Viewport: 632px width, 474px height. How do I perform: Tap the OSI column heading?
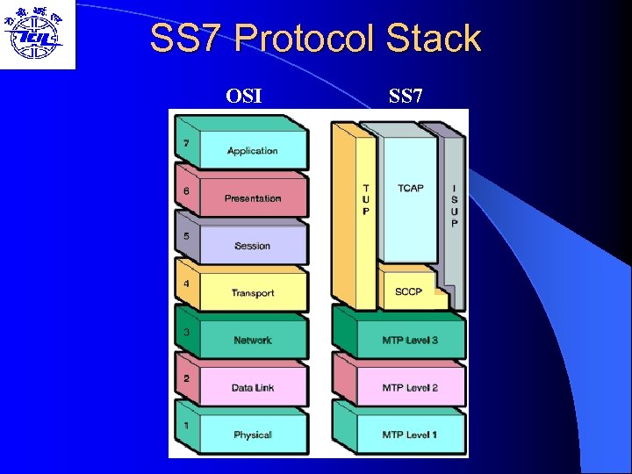coord(243,95)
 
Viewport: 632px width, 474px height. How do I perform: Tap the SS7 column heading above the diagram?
coord(406,95)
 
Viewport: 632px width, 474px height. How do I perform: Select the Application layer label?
coord(253,151)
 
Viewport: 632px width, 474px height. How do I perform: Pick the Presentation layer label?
coord(253,198)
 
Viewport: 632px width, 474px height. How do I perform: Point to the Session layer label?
coord(253,246)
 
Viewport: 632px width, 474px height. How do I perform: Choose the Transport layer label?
coord(253,293)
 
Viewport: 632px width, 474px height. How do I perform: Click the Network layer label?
coord(253,341)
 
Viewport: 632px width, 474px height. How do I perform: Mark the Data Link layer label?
coord(253,388)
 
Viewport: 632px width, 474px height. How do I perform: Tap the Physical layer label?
coord(253,435)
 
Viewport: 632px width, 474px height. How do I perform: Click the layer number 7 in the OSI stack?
coord(186,142)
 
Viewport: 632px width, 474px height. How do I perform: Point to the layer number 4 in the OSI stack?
coord(186,284)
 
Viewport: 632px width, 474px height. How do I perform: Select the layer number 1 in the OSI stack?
coord(186,427)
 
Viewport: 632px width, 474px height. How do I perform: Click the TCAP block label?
coord(410,189)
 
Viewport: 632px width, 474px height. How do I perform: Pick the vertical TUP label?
coord(366,199)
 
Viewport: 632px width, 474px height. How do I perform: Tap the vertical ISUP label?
coord(454,205)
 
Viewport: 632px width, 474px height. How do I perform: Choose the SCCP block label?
coord(408,291)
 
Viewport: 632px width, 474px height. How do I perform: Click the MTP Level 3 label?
coord(410,341)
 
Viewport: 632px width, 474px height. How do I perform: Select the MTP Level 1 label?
coord(410,435)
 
